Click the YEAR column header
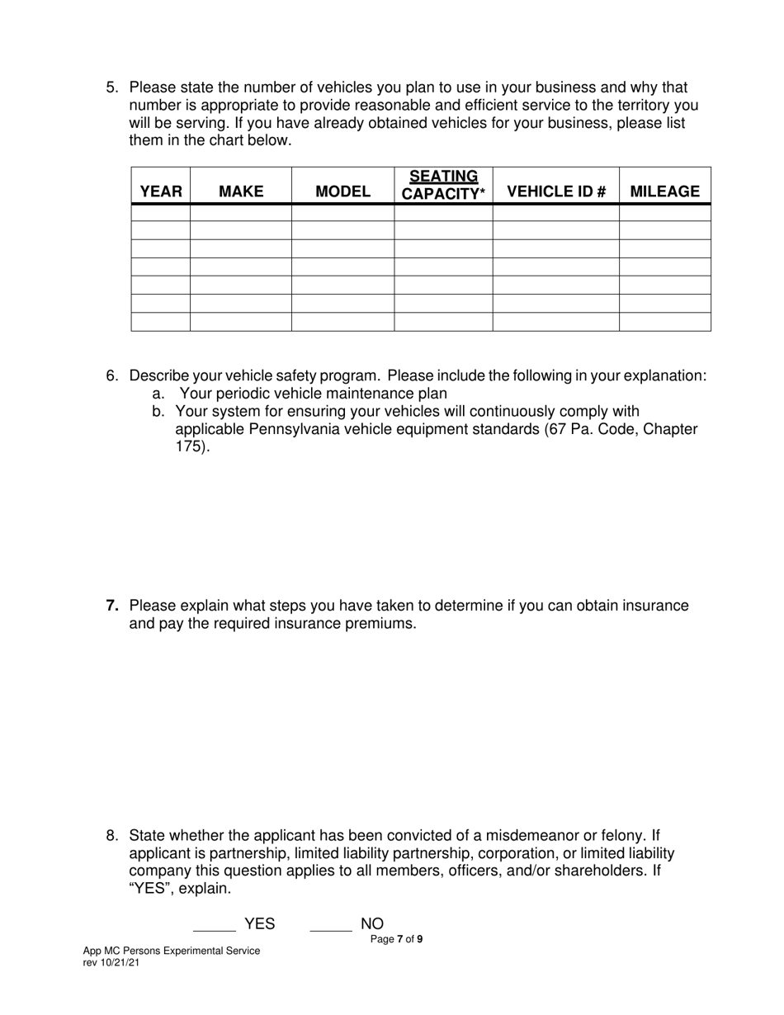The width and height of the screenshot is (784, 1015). point(161,191)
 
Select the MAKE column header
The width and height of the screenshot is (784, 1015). point(241,191)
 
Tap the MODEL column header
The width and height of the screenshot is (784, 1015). point(343,191)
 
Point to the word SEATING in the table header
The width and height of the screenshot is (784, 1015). point(443,177)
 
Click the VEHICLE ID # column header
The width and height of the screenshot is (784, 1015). point(556,191)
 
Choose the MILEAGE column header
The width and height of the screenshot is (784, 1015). point(664,191)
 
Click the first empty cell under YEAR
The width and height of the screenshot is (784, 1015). point(161,213)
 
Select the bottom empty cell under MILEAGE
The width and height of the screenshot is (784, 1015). point(664,322)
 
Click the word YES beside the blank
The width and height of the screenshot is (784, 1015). point(259,924)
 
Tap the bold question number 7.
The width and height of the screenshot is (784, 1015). point(112,606)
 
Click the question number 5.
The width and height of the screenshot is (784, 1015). point(112,87)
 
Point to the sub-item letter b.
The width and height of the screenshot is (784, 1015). point(158,411)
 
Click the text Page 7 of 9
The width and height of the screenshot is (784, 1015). point(397,939)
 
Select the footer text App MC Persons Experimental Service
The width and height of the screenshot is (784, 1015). point(172,951)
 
